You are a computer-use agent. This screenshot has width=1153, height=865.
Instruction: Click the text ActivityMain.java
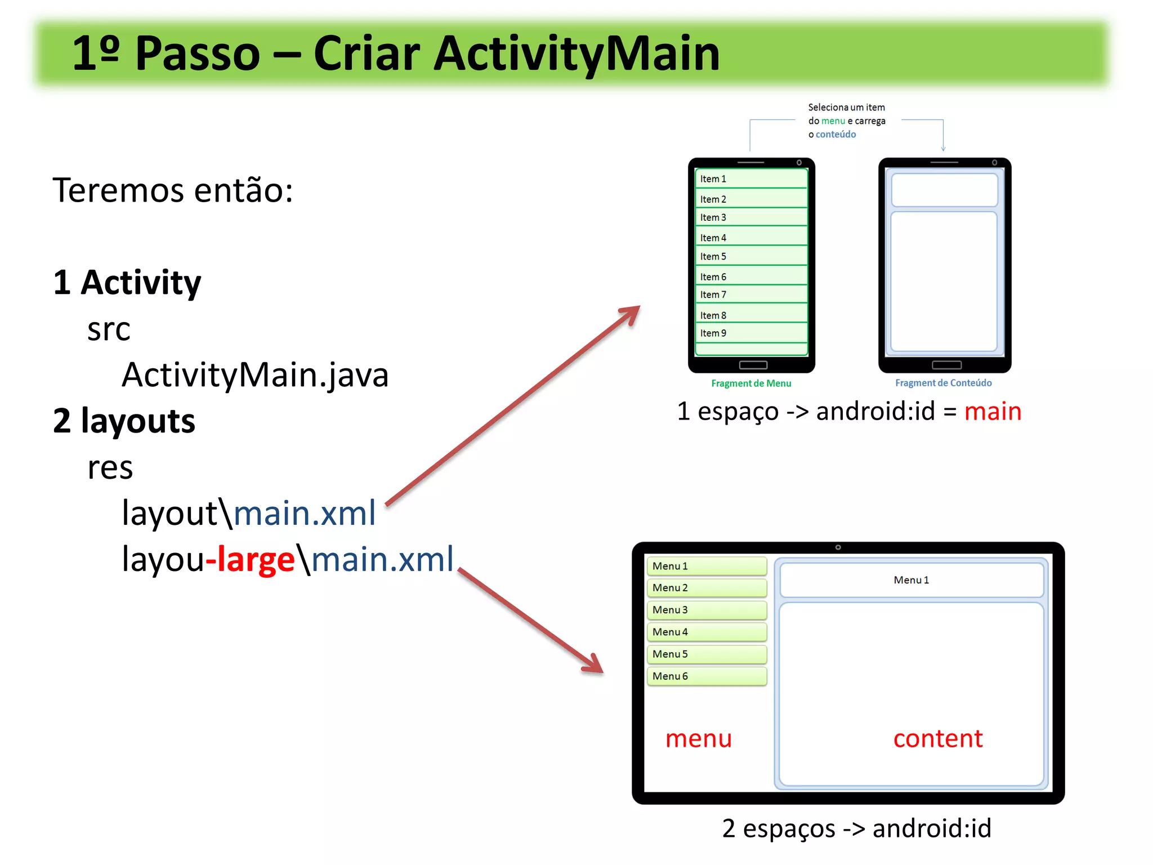pyautogui.click(x=255, y=375)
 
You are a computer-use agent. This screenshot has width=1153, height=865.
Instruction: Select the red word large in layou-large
pyautogui.click(x=256, y=559)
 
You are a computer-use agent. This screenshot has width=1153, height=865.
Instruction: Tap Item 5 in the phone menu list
pyautogui.click(x=751, y=256)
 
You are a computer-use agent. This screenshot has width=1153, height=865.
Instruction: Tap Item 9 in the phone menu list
pyautogui.click(x=751, y=333)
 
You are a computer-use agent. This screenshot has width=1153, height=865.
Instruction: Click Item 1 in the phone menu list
pyautogui.click(x=751, y=179)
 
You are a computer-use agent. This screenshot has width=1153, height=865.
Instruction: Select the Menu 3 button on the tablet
pyautogui.click(x=707, y=610)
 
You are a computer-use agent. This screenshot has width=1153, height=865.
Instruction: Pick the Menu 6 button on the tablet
pyautogui.click(x=707, y=676)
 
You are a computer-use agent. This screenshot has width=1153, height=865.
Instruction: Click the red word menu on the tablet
pyautogui.click(x=698, y=738)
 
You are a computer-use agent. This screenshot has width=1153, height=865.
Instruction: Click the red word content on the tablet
pyautogui.click(x=938, y=738)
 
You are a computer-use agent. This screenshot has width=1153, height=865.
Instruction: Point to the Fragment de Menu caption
pyautogui.click(x=751, y=384)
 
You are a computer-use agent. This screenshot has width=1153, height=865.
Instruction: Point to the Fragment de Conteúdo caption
pyautogui.click(x=944, y=383)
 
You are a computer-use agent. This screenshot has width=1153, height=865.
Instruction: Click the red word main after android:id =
pyautogui.click(x=993, y=411)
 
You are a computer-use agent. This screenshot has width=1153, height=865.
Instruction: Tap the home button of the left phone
pyautogui.click(x=753, y=365)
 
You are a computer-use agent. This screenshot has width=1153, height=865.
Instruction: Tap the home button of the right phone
pyautogui.click(x=946, y=365)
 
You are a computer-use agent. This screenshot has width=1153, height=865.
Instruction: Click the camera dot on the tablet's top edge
pyautogui.click(x=838, y=547)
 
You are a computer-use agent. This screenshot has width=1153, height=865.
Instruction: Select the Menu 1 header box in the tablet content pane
pyautogui.click(x=911, y=580)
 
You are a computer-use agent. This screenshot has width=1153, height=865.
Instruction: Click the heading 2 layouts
pyautogui.click(x=124, y=421)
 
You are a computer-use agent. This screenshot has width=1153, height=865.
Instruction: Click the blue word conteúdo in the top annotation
pyautogui.click(x=835, y=135)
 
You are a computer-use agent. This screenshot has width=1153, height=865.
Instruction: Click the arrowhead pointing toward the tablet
pyautogui.click(x=594, y=665)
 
